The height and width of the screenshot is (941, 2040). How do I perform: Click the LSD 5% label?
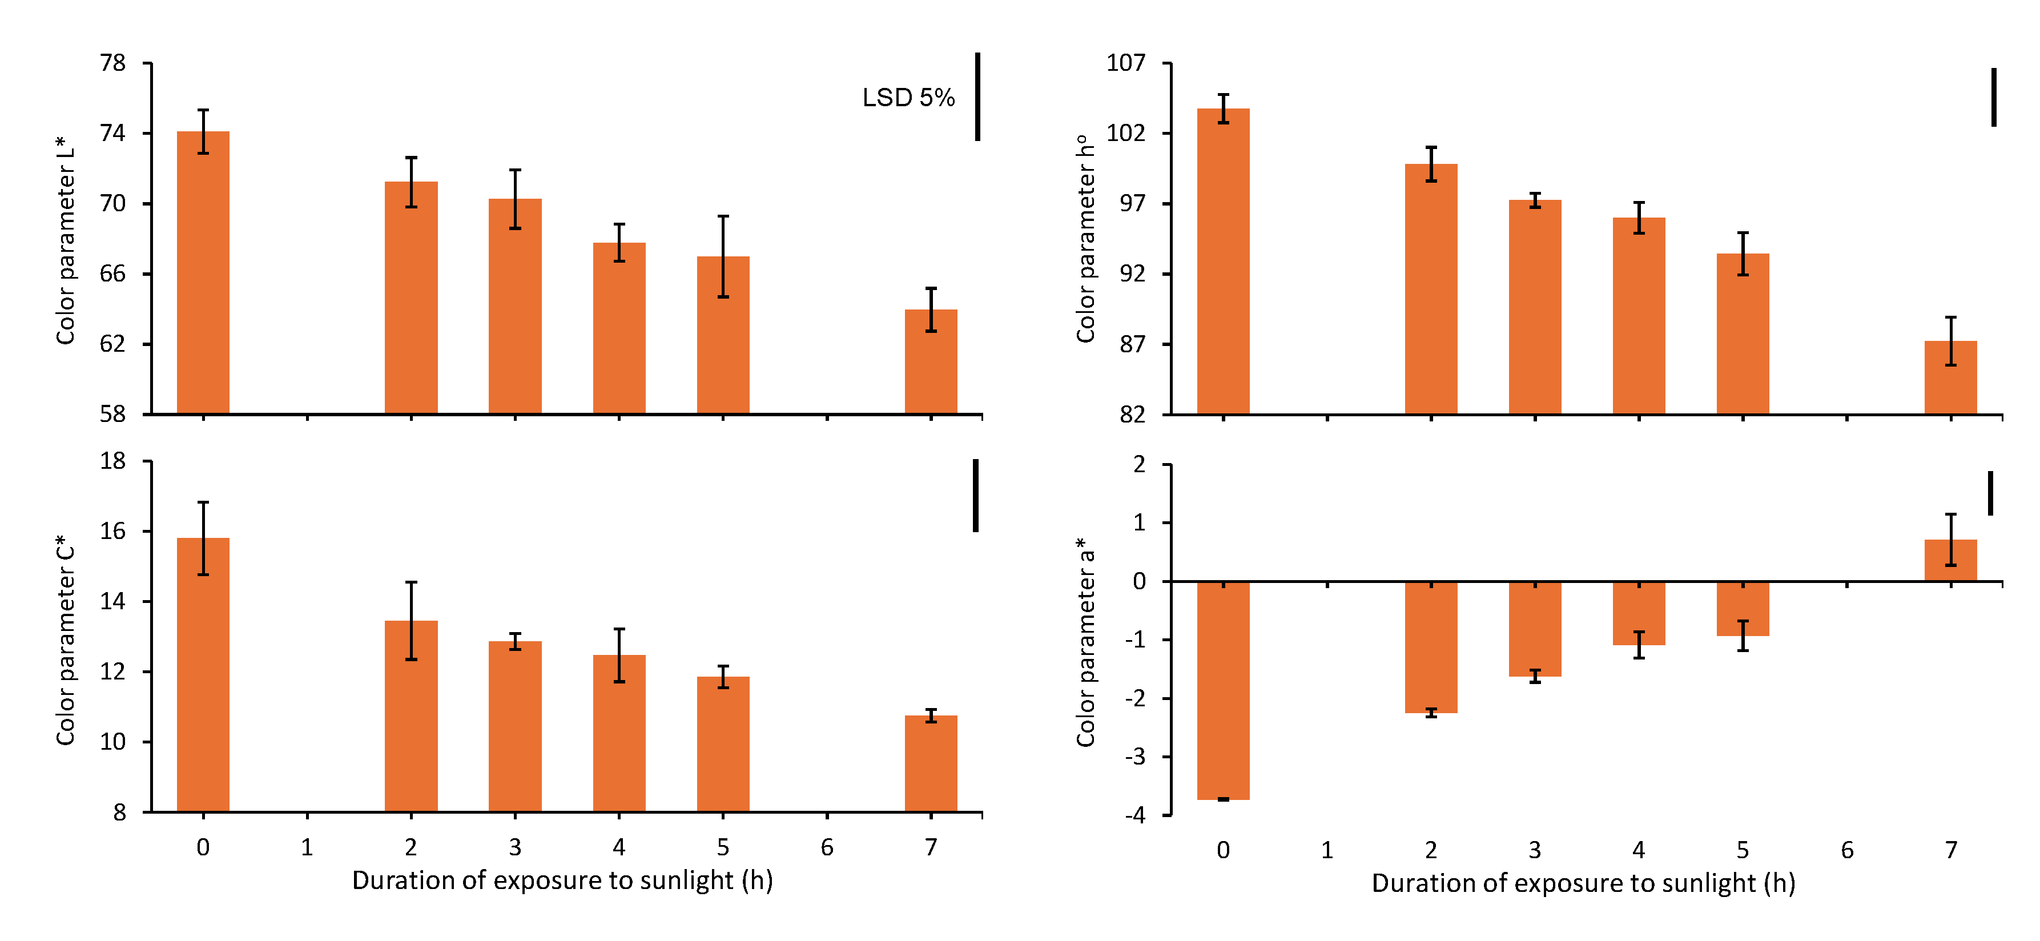[x=908, y=98]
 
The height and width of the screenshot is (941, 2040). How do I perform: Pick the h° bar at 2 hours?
[x=1430, y=288]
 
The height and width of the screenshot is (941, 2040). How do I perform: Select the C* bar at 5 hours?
[x=722, y=744]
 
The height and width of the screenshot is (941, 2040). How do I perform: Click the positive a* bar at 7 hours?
[x=1950, y=561]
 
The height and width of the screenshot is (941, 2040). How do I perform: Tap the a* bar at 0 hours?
[x=1223, y=690]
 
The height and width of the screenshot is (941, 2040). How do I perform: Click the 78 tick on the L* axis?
[x=112, y=63]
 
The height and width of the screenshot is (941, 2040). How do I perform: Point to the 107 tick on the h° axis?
[x=1125, y=63]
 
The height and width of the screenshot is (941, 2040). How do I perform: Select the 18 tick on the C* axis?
[x=112, y=461]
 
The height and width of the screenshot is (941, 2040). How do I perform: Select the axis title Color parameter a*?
[x=1085, y=642]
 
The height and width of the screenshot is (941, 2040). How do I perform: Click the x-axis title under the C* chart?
[x=562, y=880]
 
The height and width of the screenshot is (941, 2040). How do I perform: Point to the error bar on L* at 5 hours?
[x=722, y=256]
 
